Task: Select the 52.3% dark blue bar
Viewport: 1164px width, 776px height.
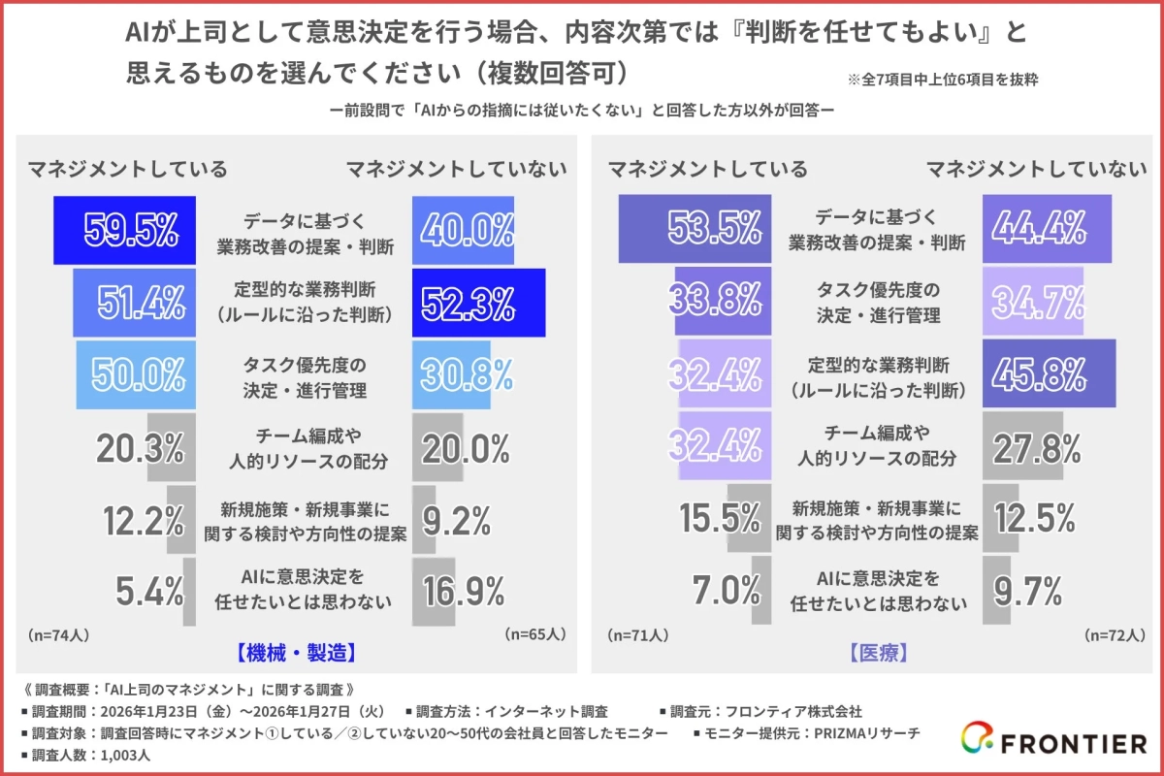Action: tap(477, 302)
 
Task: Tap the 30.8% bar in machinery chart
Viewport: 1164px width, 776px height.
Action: tap(451, 374)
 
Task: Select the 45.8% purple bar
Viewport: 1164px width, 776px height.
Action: tap(1049, 374)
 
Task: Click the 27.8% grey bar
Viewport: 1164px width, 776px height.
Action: tap(1023, 446)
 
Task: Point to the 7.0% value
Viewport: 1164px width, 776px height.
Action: tap(727, 589)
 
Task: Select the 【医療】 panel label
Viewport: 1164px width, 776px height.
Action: tap(880, 653)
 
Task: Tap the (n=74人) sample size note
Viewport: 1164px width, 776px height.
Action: tap(59, 635)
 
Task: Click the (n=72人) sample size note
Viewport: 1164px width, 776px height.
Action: tap(1115, 635)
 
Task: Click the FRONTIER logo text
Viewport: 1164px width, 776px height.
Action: tap(1073, 744)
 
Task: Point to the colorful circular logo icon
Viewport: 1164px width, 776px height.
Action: tap(976, 742)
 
